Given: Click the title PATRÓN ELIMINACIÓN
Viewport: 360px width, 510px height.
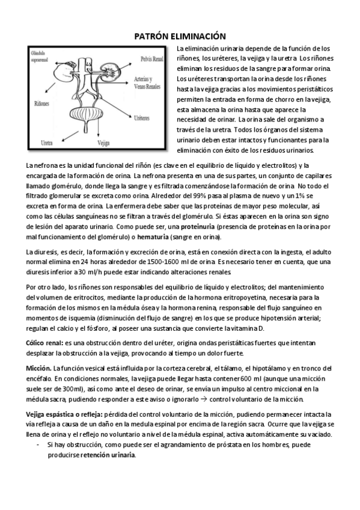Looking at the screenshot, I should coord(180,36).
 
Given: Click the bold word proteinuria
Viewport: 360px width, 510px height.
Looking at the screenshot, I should coord(201,227).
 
